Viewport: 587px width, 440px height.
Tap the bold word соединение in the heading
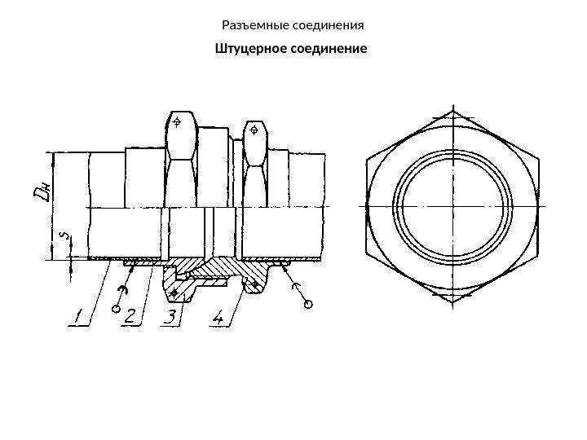coord(330,49)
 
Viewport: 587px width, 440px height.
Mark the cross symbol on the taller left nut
coord(178,124)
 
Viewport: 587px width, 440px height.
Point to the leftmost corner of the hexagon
coord(366,206)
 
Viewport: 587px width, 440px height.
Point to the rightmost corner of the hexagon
coord(539,206)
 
